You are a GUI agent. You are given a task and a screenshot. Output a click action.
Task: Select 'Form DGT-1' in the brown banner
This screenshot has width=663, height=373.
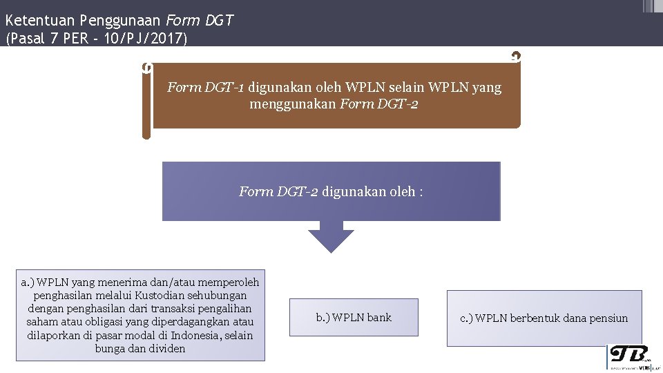[206, 88]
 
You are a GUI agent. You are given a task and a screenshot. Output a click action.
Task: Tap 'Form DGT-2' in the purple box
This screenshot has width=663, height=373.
[278, 191]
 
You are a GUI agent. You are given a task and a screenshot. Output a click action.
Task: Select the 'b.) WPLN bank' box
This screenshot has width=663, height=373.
[354, 318]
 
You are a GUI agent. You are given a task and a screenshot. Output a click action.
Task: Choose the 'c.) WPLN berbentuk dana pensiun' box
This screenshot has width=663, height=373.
[544, 318]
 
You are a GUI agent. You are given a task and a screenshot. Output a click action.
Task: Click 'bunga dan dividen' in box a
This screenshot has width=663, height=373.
[140, 349]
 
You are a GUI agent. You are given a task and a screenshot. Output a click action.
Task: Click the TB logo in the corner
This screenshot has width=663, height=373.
[628, 356]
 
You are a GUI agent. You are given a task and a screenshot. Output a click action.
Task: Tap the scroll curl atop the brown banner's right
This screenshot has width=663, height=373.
[515, 57]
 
